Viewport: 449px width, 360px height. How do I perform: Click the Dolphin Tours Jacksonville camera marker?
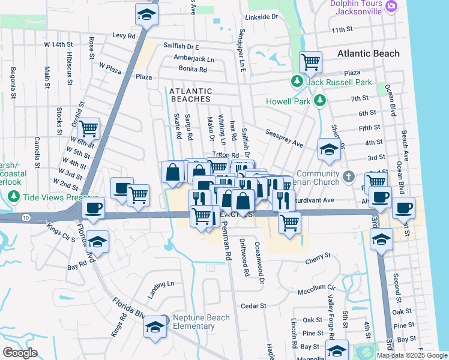coord(391,6)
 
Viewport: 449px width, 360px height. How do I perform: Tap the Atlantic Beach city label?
coord(368,53)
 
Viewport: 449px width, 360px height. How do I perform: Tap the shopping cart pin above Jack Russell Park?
coord(310,61)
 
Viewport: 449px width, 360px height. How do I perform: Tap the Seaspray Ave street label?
coord(285,139)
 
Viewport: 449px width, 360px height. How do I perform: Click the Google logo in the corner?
coord(20,353)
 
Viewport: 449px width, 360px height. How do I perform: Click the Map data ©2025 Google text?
coord(411,355)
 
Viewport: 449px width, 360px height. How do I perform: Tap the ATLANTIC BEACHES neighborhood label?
coord(190,94)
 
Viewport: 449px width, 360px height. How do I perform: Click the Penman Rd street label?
coord(227,244)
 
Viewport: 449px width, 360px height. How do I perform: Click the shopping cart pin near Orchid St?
coord(88,128)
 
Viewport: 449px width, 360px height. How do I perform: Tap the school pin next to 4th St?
coord(328,150)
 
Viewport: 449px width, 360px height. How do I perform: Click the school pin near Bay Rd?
coord(97,242)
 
